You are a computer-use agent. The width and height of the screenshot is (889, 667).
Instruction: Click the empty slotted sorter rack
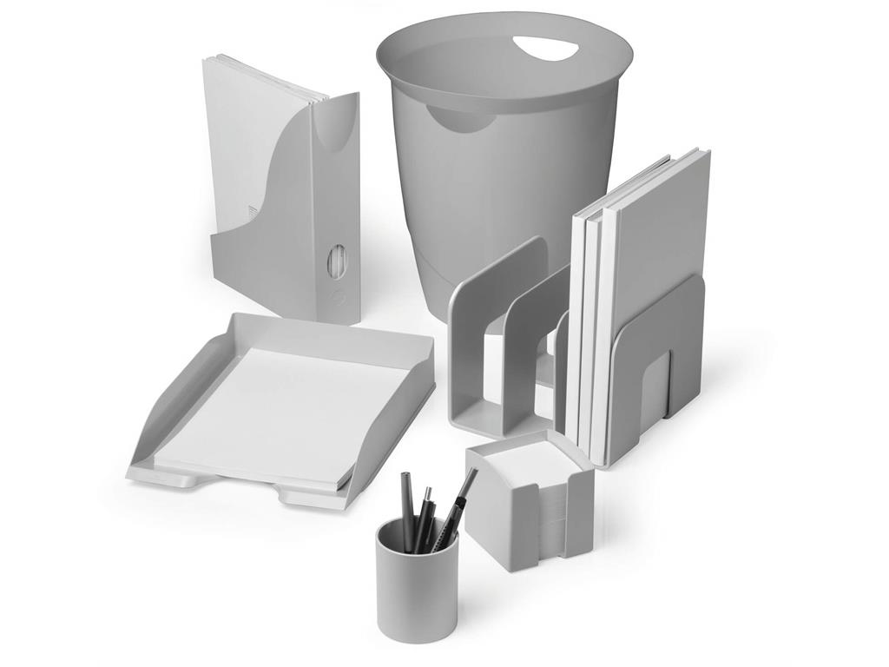(504, 347)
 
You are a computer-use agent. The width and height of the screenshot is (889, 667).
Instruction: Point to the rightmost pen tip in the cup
(473, 473)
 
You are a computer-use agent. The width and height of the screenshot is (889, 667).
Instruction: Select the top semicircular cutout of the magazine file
(335, 130)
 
